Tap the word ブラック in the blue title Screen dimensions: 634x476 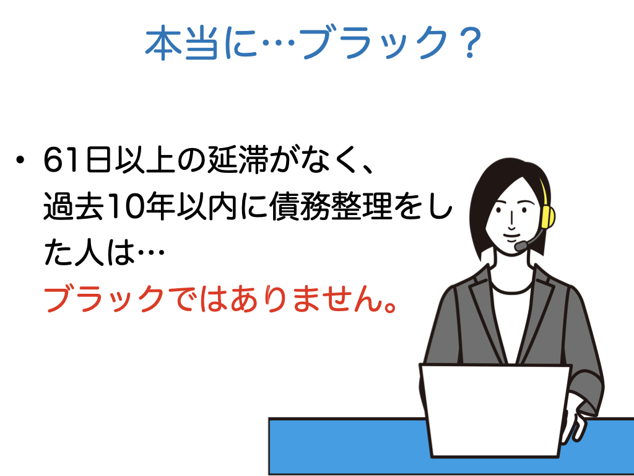372,43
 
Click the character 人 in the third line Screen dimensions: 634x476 89,253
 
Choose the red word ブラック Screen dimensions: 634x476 104,299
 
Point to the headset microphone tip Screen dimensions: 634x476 521,245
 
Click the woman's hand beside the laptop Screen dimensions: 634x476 574,423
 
